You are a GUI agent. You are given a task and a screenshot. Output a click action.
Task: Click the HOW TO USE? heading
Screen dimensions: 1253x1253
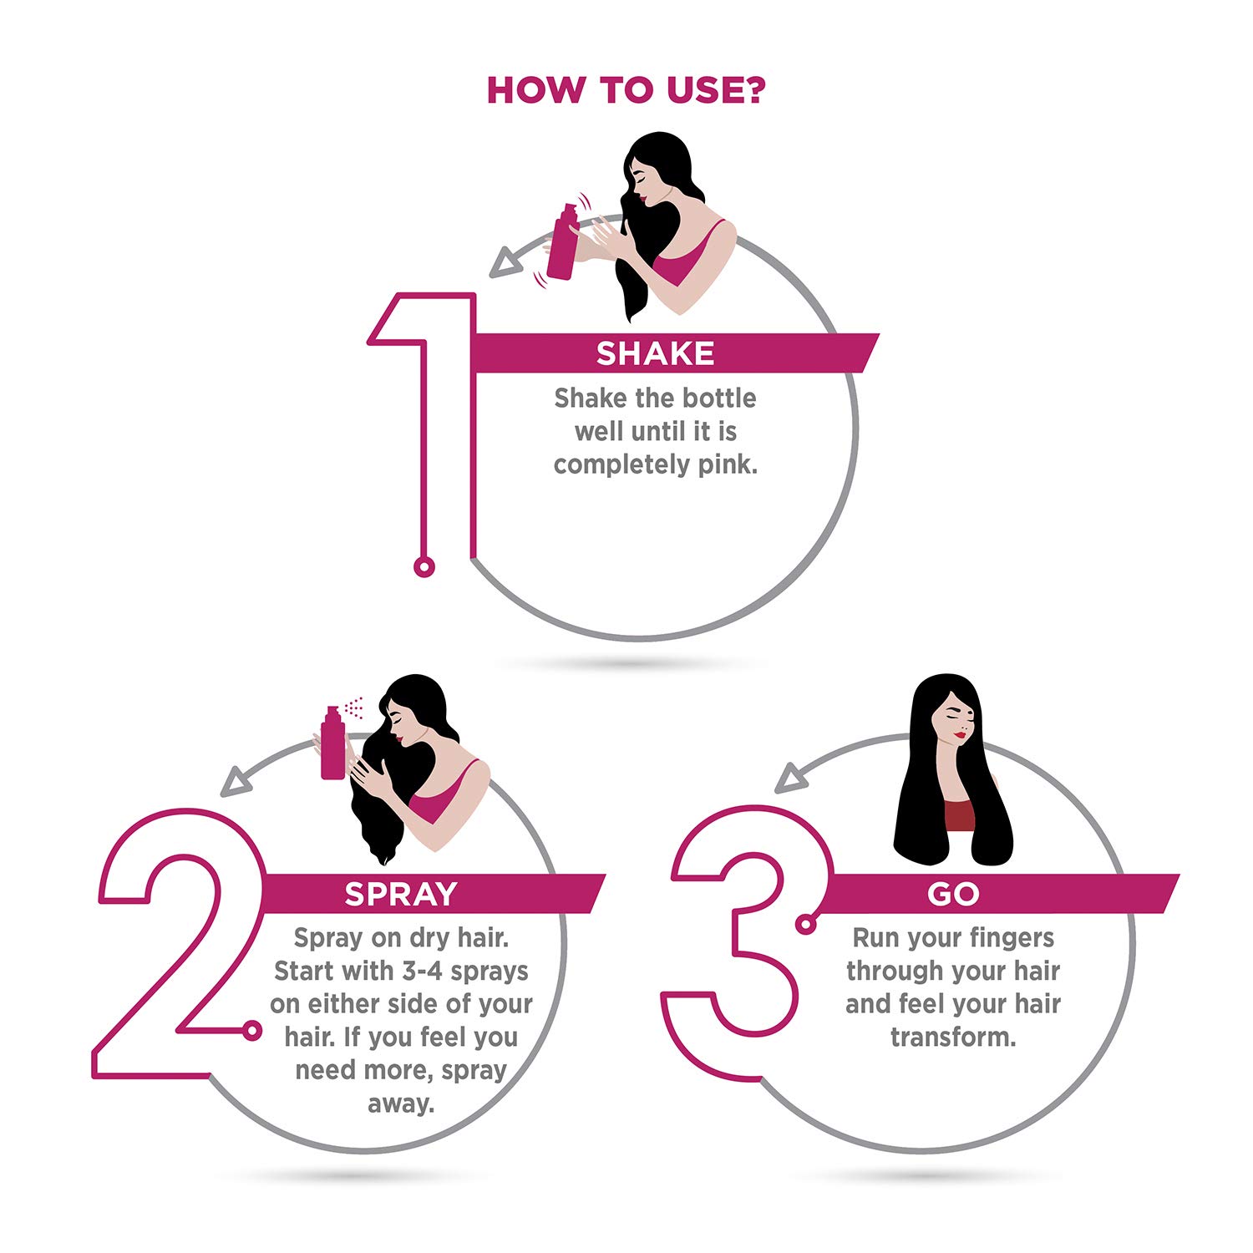point(626,90)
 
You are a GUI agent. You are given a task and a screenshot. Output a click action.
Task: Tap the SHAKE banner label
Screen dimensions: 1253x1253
point(655,353)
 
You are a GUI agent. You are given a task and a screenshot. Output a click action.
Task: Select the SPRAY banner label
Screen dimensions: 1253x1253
point(401,894)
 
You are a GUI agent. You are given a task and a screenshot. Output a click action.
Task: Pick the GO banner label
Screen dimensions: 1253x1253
point(952,894)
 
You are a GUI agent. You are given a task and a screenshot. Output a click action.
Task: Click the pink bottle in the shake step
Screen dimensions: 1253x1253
point(562,242)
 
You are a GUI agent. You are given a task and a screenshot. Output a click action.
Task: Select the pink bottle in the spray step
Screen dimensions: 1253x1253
point(332,743)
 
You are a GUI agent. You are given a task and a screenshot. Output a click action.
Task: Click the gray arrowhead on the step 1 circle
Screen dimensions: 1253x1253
point(505,263)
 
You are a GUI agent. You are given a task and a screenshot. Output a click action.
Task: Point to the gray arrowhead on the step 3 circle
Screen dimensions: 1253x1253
point(790,778)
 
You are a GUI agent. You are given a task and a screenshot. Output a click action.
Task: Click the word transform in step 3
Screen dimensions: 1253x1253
point(952,1037)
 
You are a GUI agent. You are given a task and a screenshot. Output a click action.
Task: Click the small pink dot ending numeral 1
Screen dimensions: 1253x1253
point(424,568)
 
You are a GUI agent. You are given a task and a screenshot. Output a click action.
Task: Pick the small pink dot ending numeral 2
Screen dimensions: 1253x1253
point(251,1032)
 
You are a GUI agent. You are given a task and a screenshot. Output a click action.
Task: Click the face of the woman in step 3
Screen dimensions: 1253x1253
point(957,718)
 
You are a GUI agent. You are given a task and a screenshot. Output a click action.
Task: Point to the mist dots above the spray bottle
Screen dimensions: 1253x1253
point(354,707)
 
